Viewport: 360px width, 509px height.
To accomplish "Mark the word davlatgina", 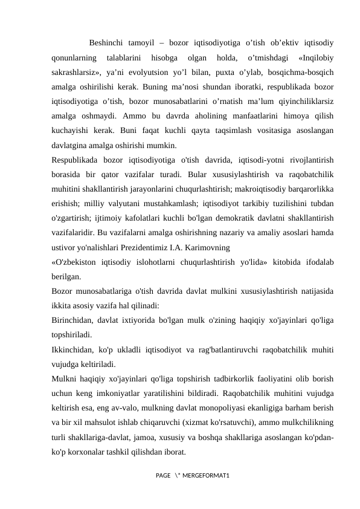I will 72,145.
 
